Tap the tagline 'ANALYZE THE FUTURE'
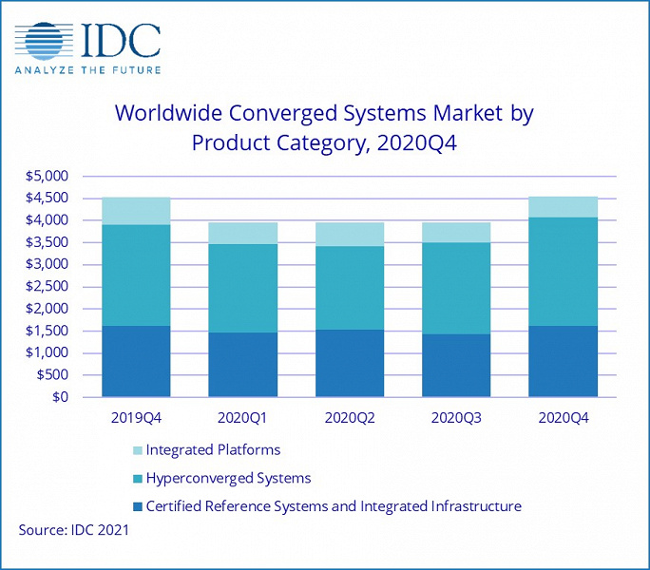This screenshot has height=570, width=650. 87,69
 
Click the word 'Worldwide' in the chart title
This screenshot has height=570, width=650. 176,114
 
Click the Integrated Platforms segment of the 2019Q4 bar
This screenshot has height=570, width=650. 136,211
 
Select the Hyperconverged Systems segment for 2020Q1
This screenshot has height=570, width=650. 242,288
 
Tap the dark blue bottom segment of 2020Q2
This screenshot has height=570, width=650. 350,363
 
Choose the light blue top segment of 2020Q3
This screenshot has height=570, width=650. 456,232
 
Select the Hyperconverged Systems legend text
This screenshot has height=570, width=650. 228,478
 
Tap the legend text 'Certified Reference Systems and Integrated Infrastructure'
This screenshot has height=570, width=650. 334,506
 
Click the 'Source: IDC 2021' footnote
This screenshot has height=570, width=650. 74,530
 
